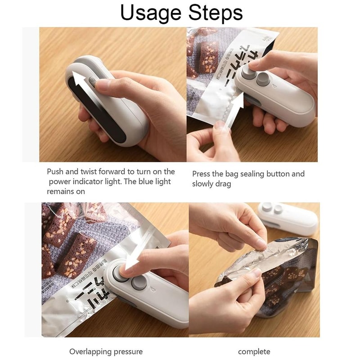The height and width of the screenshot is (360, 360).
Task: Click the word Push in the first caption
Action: [56, 171]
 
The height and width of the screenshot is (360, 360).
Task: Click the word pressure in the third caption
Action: [130, 352]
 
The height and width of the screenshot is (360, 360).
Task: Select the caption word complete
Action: [254, 351]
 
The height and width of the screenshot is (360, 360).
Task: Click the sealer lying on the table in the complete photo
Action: [288, 218]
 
